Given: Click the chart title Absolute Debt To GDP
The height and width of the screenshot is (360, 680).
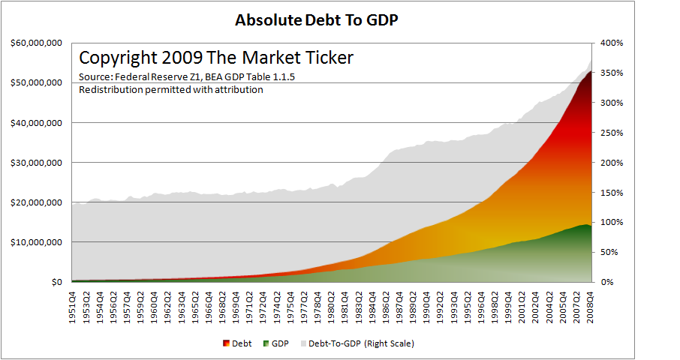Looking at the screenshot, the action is pyautogui.click(x=317, y=20).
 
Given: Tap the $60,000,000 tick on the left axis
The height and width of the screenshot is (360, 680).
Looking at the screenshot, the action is pyautogui.click(x=37, y=43).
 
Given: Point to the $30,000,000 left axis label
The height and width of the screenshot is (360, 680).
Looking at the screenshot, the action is pyautogui.click(x=37, y=163).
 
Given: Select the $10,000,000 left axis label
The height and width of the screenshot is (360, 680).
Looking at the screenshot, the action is pyautogui.click(x=37, y=242).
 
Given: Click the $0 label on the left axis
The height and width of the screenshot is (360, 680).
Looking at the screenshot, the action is pyautogui.click(x=57, y=282).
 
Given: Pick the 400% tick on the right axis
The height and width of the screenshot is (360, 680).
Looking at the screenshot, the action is pyautogui.click(x=612, y=43).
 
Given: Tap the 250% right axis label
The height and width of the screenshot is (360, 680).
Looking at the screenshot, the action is pyautogui.click(x=612, y=133).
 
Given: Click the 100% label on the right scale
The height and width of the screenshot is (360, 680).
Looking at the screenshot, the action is pyautogui.click(x=612, y=222).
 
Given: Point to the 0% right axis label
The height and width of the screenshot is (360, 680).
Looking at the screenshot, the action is pyautogui.click(x=608, y=282).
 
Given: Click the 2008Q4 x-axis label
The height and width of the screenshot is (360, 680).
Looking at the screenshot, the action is pyautogui.click(x=590, y=308).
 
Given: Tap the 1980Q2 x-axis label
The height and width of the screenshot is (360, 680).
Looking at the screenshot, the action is pyautogui.click(x=331, y=308).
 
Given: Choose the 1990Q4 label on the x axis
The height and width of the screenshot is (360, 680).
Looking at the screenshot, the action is pyautogui.click(x=427, y=308).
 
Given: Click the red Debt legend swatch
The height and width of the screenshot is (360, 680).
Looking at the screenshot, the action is pyautogui.click(x=226, y=343).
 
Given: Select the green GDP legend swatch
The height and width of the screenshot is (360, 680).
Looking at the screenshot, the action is pyautogui.click(x=266, y=343).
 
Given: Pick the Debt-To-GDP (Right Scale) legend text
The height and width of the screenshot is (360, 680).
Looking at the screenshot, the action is pyautogui.click(x=361, y=343).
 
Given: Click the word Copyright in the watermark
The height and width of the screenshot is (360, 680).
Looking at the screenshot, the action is pyautogui.click(x=118, y=58).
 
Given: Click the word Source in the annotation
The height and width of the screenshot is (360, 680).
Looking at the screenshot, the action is pyautogui.click(x=95, y=77).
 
